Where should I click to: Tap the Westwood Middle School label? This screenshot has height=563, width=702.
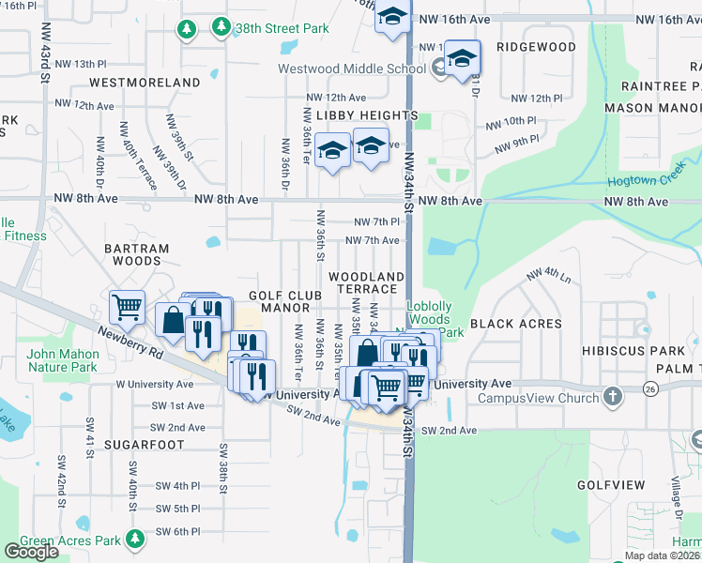353,68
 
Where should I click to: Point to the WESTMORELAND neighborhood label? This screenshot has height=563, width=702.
145,83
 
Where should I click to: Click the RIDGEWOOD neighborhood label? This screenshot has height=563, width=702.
536,47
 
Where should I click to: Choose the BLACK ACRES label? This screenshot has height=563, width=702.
515,324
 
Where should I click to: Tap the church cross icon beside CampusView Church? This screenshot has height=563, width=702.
613,397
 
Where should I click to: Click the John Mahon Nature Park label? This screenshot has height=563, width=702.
63,360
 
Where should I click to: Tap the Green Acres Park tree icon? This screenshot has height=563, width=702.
137,540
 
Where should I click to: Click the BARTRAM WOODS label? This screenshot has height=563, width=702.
137,255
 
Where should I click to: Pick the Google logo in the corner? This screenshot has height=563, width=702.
31,552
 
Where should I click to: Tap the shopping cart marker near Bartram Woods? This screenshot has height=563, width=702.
127,305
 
